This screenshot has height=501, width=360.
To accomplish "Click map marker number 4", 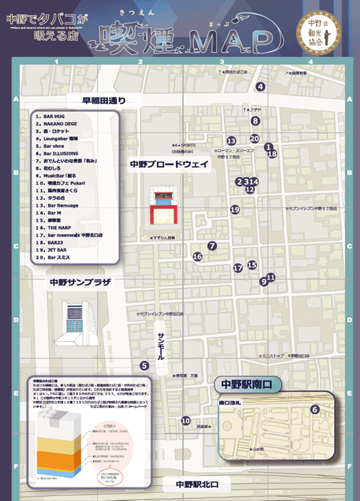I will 260,87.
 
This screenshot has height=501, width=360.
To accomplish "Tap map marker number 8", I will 256,121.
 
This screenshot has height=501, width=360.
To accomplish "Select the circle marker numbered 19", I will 235,209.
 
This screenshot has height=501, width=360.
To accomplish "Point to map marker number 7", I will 212,245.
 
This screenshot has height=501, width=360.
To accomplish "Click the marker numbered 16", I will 197,257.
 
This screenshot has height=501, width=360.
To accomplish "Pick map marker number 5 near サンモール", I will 144,365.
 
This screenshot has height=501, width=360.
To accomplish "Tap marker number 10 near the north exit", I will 186,421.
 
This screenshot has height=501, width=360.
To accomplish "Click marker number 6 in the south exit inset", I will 314,409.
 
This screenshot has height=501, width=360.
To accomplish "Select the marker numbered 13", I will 231,141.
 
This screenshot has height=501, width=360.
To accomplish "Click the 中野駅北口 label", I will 196,484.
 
